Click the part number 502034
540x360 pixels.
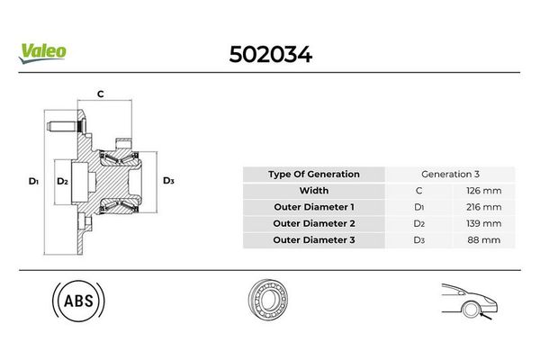coord(269,56)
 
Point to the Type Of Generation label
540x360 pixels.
coord(314,175)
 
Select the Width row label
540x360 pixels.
coord(314,191)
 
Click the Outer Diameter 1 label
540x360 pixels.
coord(314,207)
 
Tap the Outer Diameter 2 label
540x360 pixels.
coord(314,223)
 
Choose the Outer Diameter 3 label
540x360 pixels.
coord(314,239)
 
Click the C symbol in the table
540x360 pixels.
coord(418,191)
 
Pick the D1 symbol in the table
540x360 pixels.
coord(418,207)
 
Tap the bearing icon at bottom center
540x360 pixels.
coord(271,302)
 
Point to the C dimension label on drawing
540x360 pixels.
coord(100,94)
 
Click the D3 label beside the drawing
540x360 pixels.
coord(168,181)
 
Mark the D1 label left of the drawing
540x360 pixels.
coord(33,181)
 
